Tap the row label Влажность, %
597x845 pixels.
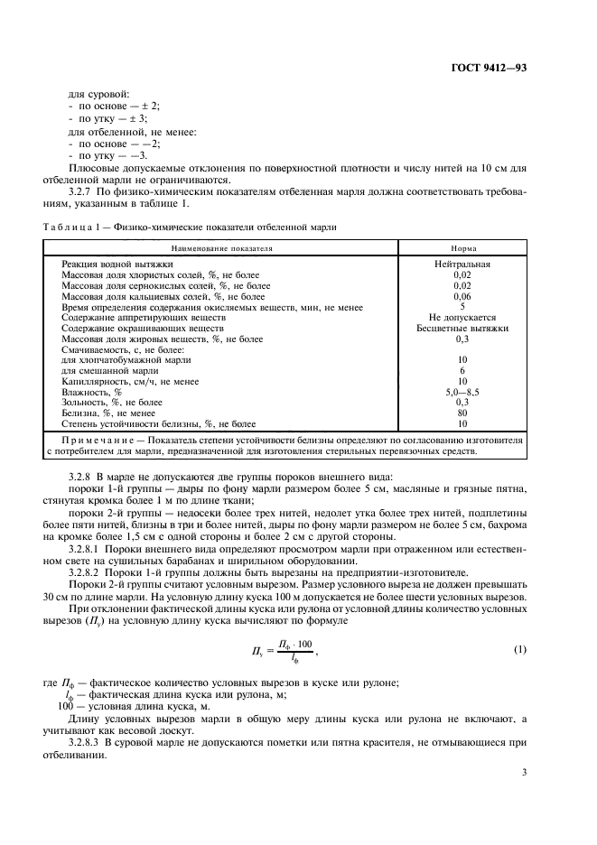click(90, 392)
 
